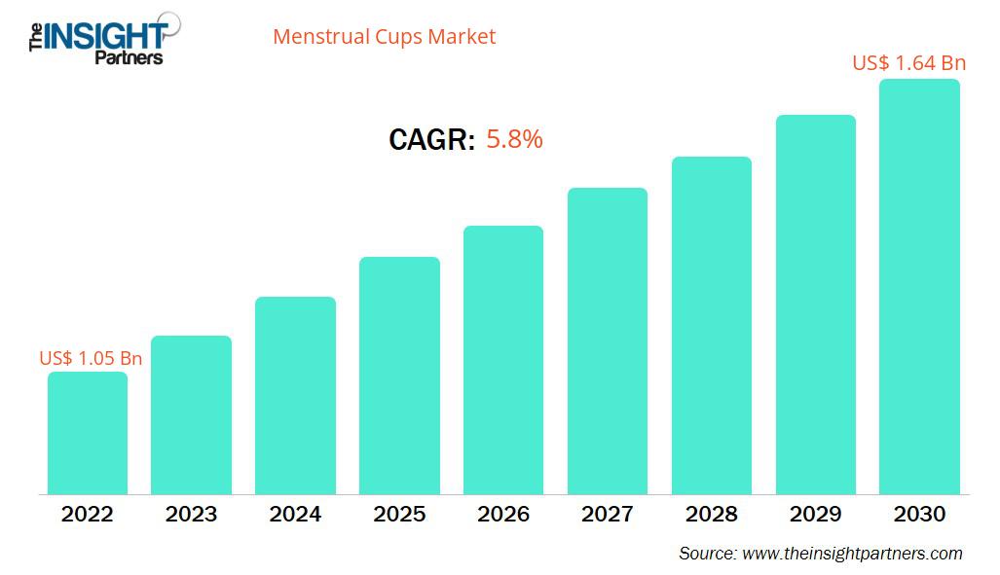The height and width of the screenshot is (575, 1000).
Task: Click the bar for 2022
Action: [x=88, y=433]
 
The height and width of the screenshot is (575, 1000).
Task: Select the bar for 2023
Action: [x=191, y=414]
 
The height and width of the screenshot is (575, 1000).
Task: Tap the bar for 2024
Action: [x=295, y=395]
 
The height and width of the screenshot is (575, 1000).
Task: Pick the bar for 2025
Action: [x=399, y=376]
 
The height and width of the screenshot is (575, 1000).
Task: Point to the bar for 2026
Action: [x=503, y=360]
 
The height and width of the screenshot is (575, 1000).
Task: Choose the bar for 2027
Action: [x=608, y=341]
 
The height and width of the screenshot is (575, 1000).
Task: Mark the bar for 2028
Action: [x=711, y=325]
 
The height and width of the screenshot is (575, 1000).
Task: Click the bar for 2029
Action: [x=815, y=305]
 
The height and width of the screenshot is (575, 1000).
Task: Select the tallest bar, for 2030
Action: [x=919, y=286]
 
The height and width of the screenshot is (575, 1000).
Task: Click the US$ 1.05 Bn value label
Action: [x=91, y=358]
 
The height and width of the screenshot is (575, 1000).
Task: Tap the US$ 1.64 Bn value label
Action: [x=908, y=63]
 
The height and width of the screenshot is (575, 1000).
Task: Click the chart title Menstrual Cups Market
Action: [x=384, y=37]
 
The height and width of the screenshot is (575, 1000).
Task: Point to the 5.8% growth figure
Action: [x=514, y=139]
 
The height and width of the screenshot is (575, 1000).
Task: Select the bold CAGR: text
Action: [x=431, y=140]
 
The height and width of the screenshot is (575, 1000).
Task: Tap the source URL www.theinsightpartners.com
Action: [x=852, y=554]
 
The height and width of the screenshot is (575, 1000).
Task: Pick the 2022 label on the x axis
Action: [x=88, y=514]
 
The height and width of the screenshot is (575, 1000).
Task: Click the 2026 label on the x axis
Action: [x=503, y=514]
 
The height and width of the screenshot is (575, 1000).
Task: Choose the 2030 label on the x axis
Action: [x=919, y=514]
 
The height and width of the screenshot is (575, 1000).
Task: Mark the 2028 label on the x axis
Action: [x=711, y=514]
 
